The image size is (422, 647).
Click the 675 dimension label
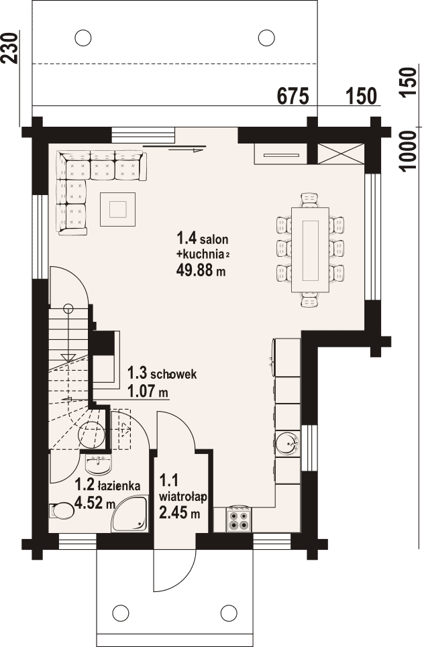293,97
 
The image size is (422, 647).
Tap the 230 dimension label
10,48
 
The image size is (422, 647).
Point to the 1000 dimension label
408,150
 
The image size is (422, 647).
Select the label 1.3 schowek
162,374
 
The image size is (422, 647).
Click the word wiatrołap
183,497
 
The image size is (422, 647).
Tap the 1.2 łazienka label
107,485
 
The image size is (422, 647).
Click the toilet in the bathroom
60,511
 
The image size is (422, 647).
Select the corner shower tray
129,514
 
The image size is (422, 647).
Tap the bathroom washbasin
98,465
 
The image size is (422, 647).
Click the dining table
311,250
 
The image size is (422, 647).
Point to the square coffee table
118,209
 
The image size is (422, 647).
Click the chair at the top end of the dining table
311,200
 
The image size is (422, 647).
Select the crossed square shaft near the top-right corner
340,154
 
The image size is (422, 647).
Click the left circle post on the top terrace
83,38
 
